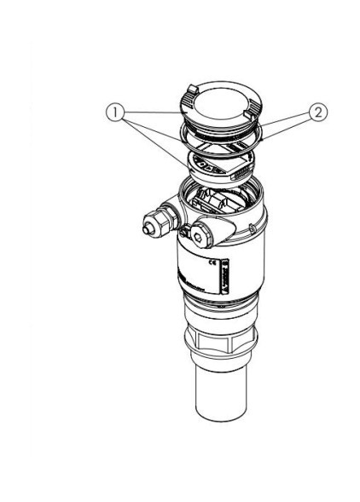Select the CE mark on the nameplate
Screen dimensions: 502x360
click(224, 270)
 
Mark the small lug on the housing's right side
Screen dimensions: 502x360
click(253, 228)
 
